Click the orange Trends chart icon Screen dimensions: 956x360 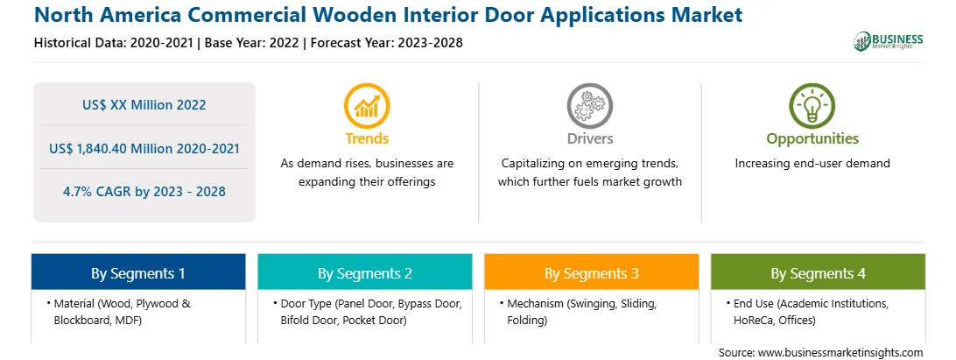point(367,106)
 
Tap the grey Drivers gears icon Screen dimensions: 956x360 point(589,106)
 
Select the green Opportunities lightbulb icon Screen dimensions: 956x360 point(812,106)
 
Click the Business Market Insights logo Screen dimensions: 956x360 point(889,41)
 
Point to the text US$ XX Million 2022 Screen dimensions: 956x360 point(144,105)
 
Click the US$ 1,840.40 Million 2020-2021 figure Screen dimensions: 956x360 point(144,148)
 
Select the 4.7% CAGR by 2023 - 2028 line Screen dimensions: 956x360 point(144,192)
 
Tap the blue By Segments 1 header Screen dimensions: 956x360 point(138,272)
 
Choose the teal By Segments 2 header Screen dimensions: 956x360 point(364,272)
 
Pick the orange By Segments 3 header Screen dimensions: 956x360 point(592,272)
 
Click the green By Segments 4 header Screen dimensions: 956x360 point(818,272)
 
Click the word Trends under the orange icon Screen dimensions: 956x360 point(367,138)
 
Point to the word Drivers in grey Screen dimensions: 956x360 point(590,138)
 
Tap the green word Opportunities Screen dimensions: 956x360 point(812,138)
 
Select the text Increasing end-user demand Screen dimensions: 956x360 point(812,164)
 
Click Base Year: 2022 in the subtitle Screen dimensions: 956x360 point(252,43)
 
